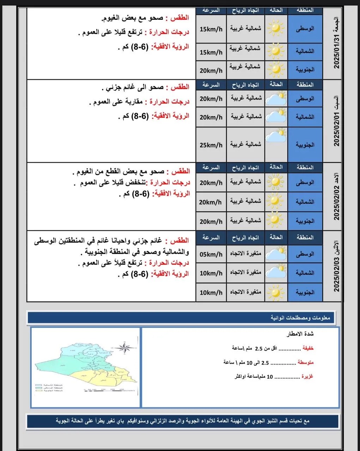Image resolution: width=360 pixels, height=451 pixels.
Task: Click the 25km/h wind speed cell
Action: (211, 145)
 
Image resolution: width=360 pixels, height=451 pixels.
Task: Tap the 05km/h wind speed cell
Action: (211, 254)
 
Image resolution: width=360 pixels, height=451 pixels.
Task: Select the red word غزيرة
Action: (307, 376)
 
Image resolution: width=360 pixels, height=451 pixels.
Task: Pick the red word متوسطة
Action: (305, 362)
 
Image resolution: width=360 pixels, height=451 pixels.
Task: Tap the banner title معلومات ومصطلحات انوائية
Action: (300, 318)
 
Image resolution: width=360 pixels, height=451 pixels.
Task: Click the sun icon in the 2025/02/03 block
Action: (275, 292)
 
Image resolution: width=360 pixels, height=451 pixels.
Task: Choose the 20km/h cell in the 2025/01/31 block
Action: (211, 70)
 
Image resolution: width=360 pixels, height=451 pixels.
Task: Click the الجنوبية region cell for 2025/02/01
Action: (305, 145)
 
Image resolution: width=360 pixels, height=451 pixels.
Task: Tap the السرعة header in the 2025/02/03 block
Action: (211, 237)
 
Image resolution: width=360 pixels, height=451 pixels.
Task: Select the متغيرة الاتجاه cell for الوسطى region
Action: (245, 254)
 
